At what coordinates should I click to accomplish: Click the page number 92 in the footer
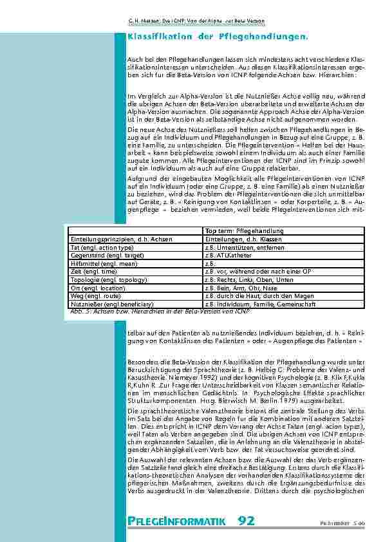point(246,520)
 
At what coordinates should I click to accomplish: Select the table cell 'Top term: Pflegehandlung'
point(236,230)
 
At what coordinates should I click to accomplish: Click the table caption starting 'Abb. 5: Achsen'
point(158,312)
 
